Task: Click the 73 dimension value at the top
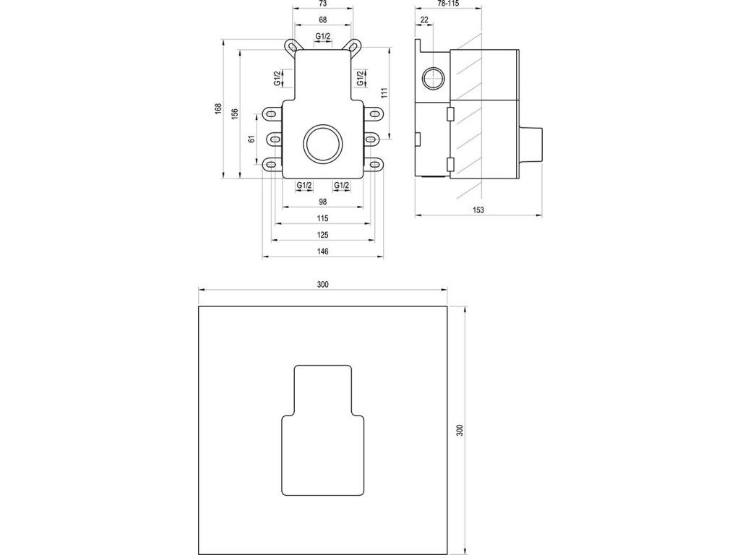tap(323, 4)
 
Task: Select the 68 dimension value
tap(323, 20)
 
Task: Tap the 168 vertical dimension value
tap(218, 109)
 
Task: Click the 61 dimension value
tap(252, 139)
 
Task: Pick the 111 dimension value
tap(384, 93)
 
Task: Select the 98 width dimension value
tap(323, 202)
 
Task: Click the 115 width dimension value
tap(323, 218)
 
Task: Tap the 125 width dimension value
tap(323, 235)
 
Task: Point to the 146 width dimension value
tap(323, 251)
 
